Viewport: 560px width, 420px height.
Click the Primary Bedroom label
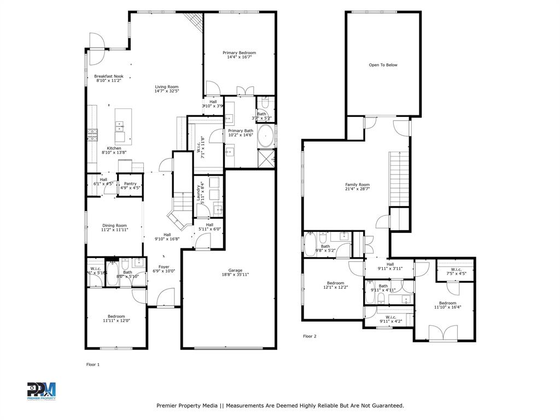coord(239,52)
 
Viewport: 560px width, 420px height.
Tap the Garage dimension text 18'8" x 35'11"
coord(235,275)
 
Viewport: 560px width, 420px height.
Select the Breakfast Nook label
coord(109,77)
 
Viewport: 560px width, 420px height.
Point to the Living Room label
coord(166,87)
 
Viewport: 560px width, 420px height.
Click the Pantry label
coord(130,184)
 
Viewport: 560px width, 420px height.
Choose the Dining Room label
coord(114,225)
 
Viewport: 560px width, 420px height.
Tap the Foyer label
coord(164,267)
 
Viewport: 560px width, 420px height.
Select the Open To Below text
coord(383,65)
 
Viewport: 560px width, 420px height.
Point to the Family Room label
coord(357,185)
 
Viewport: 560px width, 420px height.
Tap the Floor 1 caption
coord(93,364)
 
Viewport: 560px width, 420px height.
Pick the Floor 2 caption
coord(310,336)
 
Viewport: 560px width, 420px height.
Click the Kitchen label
coord(114,148)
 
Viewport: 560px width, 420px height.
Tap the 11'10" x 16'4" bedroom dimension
coord(447,307)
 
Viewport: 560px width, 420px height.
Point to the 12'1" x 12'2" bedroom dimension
coord(335,287)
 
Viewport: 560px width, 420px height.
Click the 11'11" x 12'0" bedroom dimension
coord(116,320)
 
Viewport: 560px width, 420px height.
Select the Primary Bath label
coord(241,131)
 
